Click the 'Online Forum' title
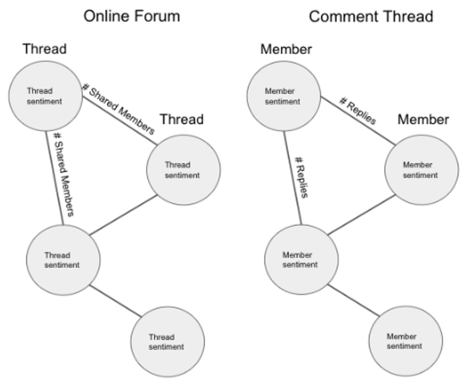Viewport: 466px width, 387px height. tap(131, 16)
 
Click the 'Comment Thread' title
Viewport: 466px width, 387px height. tap(371, 16)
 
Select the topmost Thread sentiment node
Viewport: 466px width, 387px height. tap(45, 96)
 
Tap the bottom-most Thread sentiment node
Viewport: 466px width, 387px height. tap(167, 342)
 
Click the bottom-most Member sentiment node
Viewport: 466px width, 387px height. tap(405, 341)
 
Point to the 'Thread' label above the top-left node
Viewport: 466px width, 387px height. tap(44, 49)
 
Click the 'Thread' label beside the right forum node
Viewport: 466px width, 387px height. tap(182, 119)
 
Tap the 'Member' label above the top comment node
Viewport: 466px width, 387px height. tap(286, 49)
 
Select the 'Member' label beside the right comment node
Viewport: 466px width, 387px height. tap(423, 119)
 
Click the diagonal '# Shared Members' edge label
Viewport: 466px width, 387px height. tap(118, 108)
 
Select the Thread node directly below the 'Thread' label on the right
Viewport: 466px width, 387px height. tap(183, 170)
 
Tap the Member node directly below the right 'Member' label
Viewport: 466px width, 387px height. tap(421, 170)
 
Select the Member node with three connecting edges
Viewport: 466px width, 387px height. tap(300, 260)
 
